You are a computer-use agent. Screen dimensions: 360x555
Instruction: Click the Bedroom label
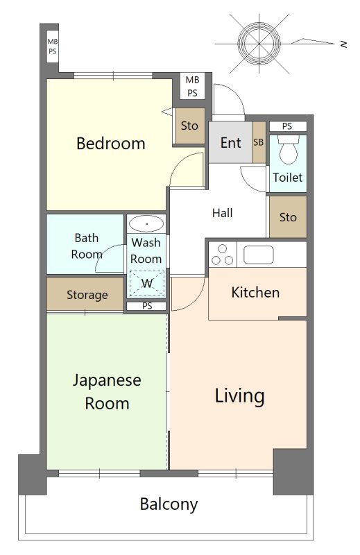click(111, 144)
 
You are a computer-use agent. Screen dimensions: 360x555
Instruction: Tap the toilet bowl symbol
click(289, 150)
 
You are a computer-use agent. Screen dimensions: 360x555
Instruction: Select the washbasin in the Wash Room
click(146, 223)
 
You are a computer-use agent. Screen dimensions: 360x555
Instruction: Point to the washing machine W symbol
click(147, 283)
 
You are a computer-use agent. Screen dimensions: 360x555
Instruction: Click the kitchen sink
click(259, 255)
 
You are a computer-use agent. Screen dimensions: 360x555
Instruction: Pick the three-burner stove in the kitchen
click(222, 255)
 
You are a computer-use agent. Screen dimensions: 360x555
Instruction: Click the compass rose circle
click(259, 43)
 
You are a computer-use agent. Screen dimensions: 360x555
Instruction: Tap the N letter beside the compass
click(343, 44)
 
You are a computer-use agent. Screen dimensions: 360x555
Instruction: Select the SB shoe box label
click(259, 142)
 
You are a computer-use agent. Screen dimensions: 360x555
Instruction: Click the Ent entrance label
click(230, 143)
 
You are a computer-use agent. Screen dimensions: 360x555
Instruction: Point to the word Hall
click(222, 213)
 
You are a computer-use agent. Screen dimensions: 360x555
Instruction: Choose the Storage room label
click(87, 295)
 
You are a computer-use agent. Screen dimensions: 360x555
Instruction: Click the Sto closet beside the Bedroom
click(190, 126)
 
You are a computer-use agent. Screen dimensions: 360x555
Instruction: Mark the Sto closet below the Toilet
click(288, 217)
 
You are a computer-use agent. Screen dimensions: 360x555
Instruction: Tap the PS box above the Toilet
click(287, 126)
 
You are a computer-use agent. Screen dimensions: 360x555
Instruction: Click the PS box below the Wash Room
click(147, 306)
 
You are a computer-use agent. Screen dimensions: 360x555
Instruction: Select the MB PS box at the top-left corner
click(53, 46)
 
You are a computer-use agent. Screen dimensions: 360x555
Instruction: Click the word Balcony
click(169, 504)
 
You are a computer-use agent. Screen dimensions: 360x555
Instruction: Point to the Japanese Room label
click(107, 392)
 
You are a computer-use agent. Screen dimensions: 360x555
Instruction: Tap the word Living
click(239, 395)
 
